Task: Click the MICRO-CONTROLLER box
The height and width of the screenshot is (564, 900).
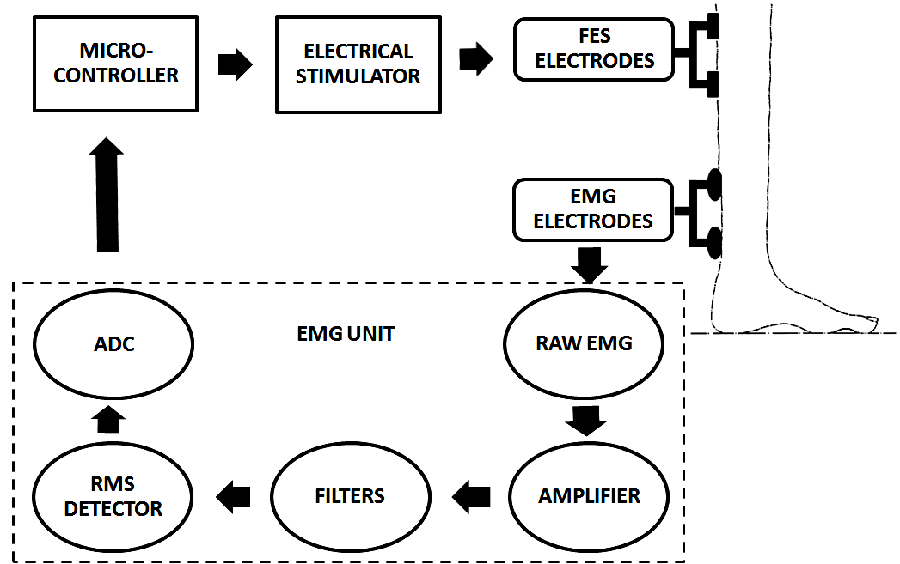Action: click(x=116, y=64)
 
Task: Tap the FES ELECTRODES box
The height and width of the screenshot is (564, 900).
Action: click(x=593, y=50)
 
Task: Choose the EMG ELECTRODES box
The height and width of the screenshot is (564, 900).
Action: click(x=593, y=209)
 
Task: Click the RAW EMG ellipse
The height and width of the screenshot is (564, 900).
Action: click(x=583, y=343)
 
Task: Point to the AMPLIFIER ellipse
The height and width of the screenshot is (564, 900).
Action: click(x=589, y=496)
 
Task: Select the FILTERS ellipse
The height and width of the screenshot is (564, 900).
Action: click(x=350, y=496)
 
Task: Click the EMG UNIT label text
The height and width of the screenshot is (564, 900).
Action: click(x=345, y=334)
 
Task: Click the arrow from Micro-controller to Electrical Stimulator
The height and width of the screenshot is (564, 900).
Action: click(x=235, y=64)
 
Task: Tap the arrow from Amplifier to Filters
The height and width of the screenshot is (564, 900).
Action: click(x=471, y=495)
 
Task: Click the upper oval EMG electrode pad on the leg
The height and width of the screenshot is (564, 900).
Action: click(x=713, y=185)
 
